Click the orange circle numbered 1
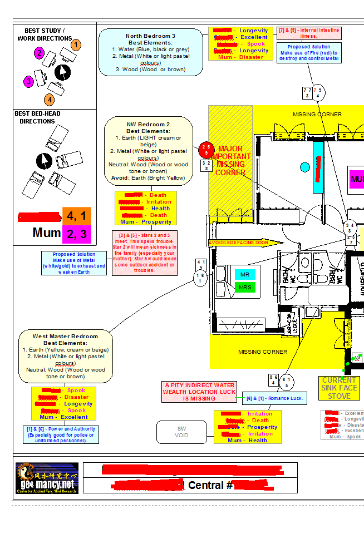click(x=76, y=45)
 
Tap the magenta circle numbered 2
click(x=39, y=53)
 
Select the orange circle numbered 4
click(x=50, y=100)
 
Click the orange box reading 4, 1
click(x=77, y=215)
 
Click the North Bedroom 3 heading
click(x=150, y=36)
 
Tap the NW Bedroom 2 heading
click(x=149, y=124)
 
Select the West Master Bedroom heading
click(x=65, y=336)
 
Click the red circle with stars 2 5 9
click(x=205, y=149)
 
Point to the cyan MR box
click(x=244, y=275)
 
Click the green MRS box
click(x=244, y=288)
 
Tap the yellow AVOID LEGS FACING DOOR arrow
click(x=238, y=243)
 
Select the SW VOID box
click(x=181, y=432)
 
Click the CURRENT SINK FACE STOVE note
click(x=339, y=388)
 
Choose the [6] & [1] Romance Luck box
click(x=274, y=398)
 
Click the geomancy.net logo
click(x=47, y=478)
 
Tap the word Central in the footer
click(x=206, y=485)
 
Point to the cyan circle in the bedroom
click(x=304, y=167)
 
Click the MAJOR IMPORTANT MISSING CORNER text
click(x=230, y=161)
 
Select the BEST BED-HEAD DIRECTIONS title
click(x=37, y=117)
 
